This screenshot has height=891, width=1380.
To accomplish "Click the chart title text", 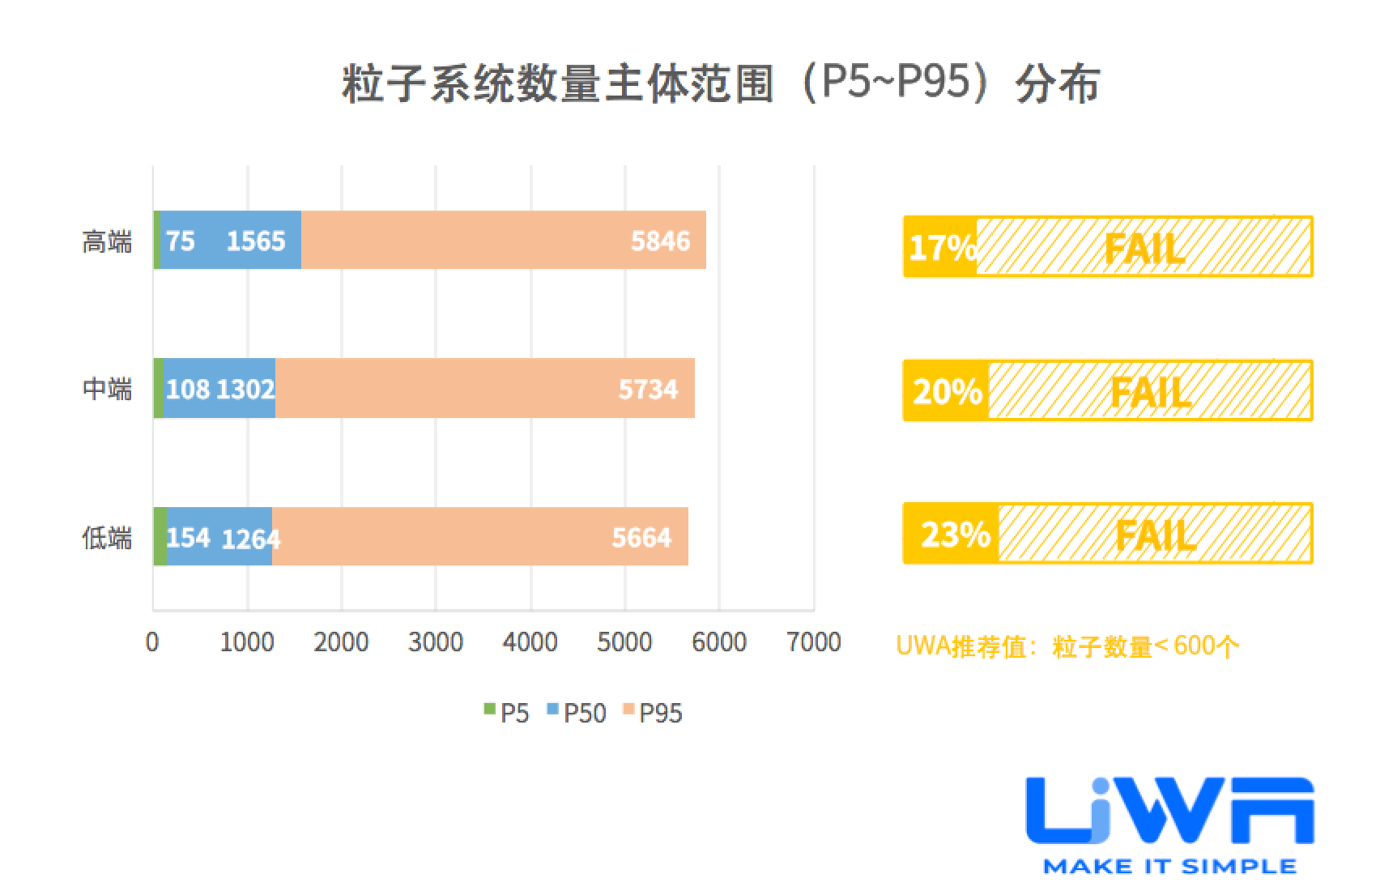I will coord(720,84).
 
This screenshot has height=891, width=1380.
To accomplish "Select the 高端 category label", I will coord(107,241).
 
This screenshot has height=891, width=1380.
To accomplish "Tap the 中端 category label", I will coord(107,390).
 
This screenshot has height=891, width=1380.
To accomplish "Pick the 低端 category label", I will coord(107,538).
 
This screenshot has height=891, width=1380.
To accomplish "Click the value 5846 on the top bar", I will coord(660,241).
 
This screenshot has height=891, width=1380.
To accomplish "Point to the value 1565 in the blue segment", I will coord(256,241).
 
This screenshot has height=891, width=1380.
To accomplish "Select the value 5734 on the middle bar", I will coord(648,390).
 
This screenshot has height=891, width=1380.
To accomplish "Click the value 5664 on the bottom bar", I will coord(641,538).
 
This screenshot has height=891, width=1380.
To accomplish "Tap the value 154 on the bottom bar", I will coord(188,538).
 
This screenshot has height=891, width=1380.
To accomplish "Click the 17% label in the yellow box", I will coord(942,248).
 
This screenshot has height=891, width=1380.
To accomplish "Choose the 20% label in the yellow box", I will coord(947,392).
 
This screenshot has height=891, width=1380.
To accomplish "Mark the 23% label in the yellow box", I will coord(955,535).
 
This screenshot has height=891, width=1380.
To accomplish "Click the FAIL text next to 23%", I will coord(1156,535).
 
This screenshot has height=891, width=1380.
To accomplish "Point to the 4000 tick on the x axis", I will coord(530,643).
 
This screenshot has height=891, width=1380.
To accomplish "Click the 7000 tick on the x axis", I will coord(814,643).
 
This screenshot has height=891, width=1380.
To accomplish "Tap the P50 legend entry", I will coord(577,713).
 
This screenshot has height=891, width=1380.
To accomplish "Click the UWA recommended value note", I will coord(1067,646).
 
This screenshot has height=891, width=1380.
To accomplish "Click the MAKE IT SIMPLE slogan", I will coord(1169,866).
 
